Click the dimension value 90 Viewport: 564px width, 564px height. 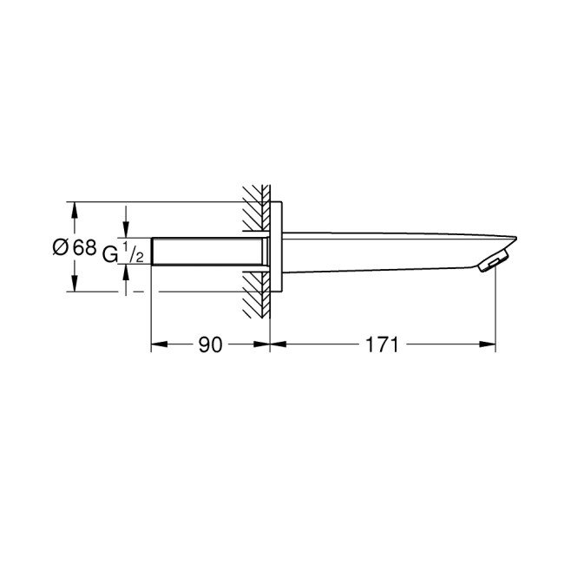point(209,344)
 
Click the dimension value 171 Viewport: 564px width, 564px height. point(381,344)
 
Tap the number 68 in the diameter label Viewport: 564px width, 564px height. point(84,247)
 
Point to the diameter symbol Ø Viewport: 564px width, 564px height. point(61,247)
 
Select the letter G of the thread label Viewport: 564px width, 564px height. point(109,253)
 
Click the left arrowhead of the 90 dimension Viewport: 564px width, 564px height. point(158,344)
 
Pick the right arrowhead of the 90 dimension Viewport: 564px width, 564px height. point(264,344)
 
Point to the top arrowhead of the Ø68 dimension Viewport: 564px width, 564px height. point(75,209)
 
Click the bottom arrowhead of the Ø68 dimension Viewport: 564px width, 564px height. point(75,285)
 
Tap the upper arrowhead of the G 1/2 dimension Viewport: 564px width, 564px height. point(127,231)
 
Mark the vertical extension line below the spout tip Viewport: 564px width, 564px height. point(495,312)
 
